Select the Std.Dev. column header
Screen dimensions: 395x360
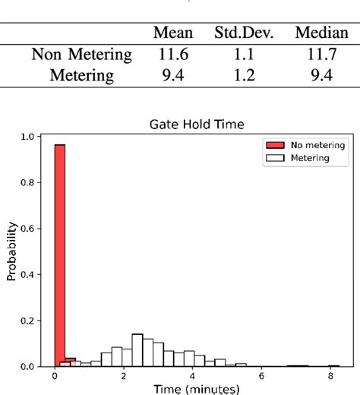point(243,33)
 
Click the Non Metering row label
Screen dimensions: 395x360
point(82,55)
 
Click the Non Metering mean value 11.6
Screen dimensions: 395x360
point(173,55)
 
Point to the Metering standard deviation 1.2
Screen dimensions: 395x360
point(243,75)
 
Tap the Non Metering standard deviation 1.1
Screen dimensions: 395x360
point(243,55)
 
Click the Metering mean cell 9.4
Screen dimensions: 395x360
point(173,75)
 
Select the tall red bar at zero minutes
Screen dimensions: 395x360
point(59,254)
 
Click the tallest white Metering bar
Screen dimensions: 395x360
point(137,350)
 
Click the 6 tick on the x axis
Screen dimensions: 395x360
point(261,376)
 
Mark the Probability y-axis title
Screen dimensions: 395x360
point(11,252)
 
